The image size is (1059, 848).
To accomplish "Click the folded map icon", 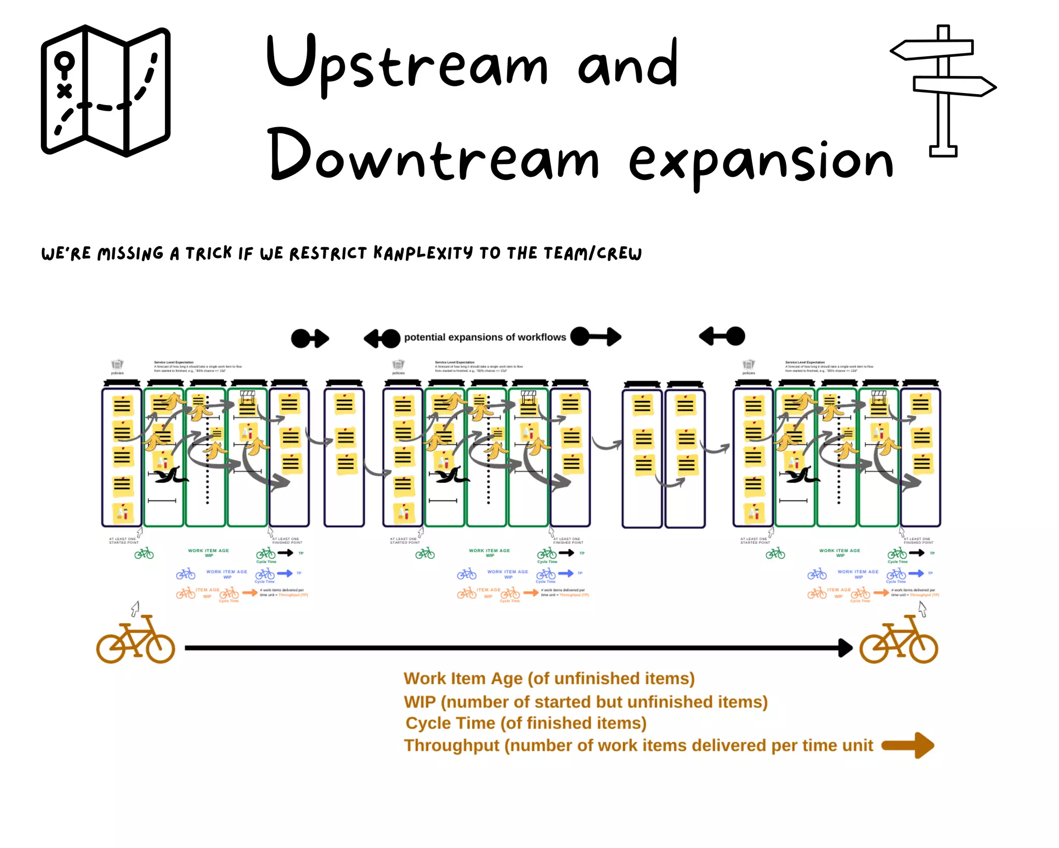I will (105, 90).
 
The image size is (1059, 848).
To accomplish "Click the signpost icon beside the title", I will (943, 90).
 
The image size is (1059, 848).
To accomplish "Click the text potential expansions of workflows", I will (485, 337).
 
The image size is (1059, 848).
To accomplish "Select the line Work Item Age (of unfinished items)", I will (549, 678).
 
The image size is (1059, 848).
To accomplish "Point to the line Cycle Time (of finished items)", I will (526, 723).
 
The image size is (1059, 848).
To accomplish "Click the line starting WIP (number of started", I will (585, 702).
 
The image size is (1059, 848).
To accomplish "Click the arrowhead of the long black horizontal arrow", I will (845, 647).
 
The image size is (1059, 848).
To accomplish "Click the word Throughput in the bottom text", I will (451, 746).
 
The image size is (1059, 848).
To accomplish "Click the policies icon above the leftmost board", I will (117, 364).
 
